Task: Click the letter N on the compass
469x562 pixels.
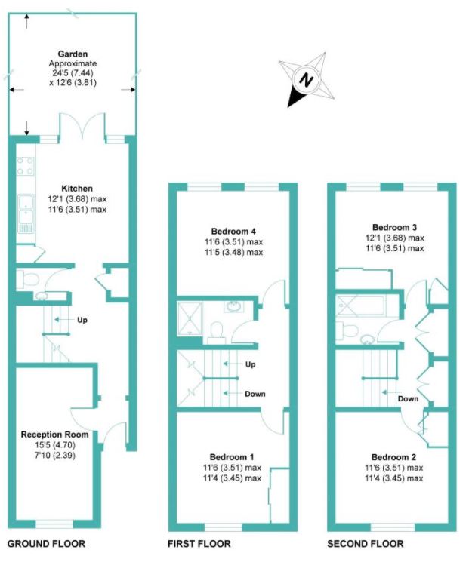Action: click(306, 79)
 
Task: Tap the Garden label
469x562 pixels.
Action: click(73, 54)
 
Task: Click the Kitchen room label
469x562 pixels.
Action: click(77, 189)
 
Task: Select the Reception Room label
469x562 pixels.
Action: click(54, 435)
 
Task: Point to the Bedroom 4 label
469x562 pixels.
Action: click(233, 231)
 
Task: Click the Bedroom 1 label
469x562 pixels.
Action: click(232, 457)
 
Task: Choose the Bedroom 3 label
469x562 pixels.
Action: click(395, 227)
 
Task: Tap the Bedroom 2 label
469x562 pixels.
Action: click(394, 457)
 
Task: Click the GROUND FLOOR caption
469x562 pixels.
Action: click(46, 544)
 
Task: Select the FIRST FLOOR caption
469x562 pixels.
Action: click(199, 544)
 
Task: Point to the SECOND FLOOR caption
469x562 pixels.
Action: click(366, 544)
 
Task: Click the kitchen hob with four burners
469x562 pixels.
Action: click(26, 166)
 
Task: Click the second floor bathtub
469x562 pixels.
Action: click(361, 306)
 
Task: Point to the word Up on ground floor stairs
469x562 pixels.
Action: click(82, 320)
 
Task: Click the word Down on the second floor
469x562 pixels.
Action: click(408, 398)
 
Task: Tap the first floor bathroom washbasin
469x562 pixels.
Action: click(234, 307)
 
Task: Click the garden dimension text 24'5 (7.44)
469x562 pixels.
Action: click(73, 73)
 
